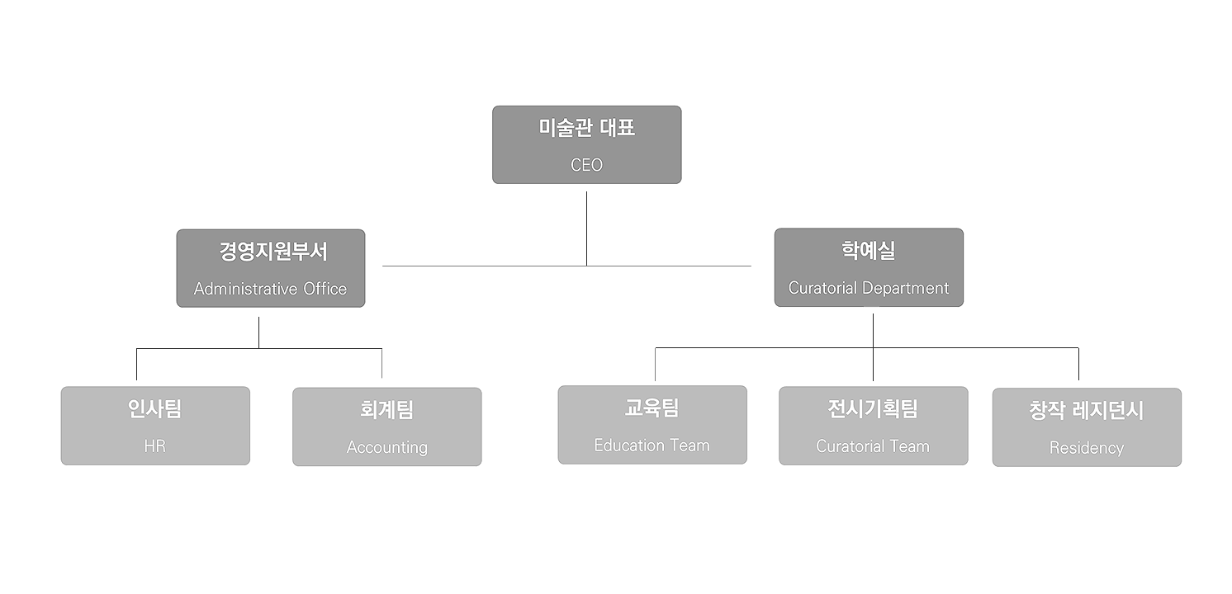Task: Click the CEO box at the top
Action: coord(586,144)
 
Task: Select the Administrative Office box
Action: coord(270,268)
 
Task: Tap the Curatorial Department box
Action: coord(869,267)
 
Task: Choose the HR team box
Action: coord(155,426)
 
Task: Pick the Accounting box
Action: coord(386,427)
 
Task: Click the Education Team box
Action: coord(652,425)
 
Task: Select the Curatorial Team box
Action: coord(873,426)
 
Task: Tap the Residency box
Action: coord(1087,427)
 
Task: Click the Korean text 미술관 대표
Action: coord(586,128)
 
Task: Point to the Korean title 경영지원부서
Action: coord(272,251)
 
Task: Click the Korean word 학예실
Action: coord(869,250)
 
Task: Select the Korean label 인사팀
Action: coord(155,408)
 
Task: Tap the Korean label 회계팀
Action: coord(386,409)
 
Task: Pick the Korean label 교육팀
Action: coord(652,408)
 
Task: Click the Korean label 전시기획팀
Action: coord(873,408)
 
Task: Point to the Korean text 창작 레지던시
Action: coord(1087,410)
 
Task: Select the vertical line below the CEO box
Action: coord(586,227)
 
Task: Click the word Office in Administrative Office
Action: coord(319,290)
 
